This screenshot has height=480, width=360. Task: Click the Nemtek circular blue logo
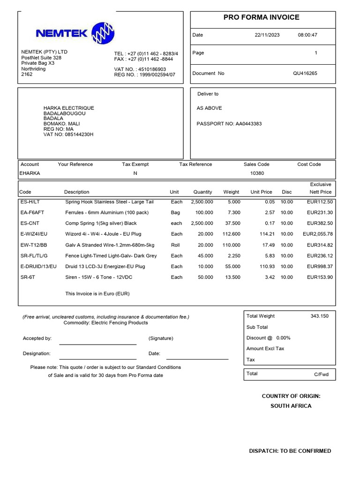[103, 33]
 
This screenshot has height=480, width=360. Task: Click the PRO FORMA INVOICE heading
[261, 17]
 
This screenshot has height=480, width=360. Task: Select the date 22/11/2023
[267, 35]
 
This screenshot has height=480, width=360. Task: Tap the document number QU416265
[305, 74]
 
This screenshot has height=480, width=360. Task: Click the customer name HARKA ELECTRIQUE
[69, 108]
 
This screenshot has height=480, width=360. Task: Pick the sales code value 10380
[257, 173]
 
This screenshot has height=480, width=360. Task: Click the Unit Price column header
[261, 192]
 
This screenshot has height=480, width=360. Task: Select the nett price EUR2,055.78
[317, 234]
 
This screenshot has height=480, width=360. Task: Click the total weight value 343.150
[319, 316]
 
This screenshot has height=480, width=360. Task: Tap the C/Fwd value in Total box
[322, 375]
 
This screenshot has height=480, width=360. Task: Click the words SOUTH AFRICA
[291, 406]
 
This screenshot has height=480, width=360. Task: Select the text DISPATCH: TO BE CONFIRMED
[290, 451]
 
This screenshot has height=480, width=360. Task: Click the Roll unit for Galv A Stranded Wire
[175, 245]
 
